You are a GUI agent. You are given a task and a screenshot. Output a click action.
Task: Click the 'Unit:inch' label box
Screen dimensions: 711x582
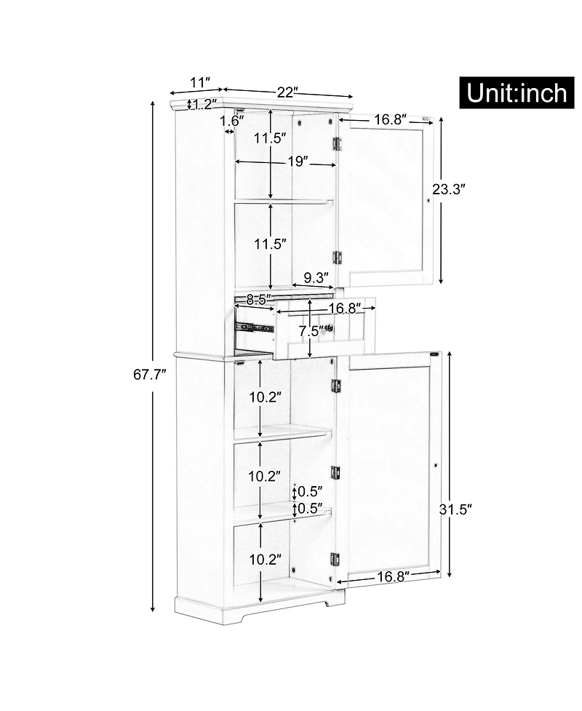pos(516,92)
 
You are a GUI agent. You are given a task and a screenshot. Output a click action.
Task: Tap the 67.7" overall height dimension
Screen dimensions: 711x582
pos(149,375)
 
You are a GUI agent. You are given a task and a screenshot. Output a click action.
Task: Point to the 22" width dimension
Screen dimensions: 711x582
pos(287,92)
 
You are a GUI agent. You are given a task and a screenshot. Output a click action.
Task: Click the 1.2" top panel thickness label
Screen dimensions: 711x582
pos(204,104)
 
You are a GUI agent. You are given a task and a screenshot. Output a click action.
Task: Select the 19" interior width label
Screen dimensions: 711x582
pos(297,162)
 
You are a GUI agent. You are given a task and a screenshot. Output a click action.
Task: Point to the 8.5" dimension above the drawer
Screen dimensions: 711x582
pos(258,298)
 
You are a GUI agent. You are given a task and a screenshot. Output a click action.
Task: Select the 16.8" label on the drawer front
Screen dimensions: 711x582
pos(344,309)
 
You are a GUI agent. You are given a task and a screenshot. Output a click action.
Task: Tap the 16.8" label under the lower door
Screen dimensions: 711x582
pos(393,576)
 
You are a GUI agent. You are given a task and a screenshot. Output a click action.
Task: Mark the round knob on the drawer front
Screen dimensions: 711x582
pos(330,328)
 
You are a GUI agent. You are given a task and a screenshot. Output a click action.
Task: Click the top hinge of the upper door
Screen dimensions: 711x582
pos(337,143)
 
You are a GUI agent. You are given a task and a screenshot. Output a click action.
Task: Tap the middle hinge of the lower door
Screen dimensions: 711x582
pos(335,473)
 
